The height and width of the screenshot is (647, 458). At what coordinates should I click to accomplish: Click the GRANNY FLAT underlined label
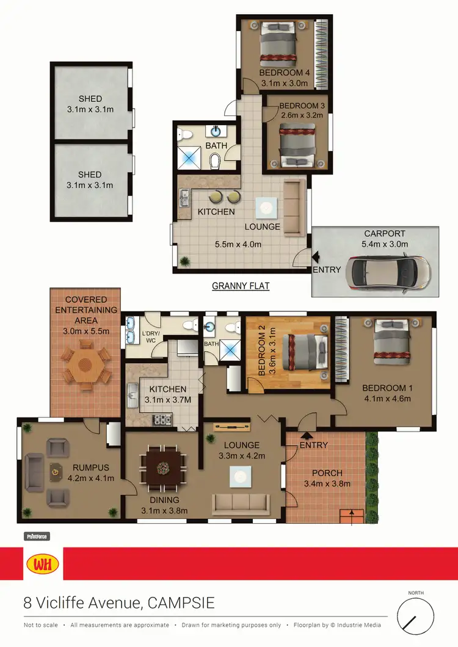pyautogui.click(x=241, y=286)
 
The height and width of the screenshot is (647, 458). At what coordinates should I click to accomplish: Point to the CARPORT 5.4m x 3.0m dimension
pyautogui.click(x=385, y=244)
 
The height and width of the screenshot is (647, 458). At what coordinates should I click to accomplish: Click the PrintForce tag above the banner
pyautogui.click(x=36, y=537)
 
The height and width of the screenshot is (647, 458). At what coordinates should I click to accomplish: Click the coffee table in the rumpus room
pyautogui.click(x=56, y=471)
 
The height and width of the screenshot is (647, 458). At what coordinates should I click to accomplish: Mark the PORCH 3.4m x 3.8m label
pyautogui.click(x=327, y=479)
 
